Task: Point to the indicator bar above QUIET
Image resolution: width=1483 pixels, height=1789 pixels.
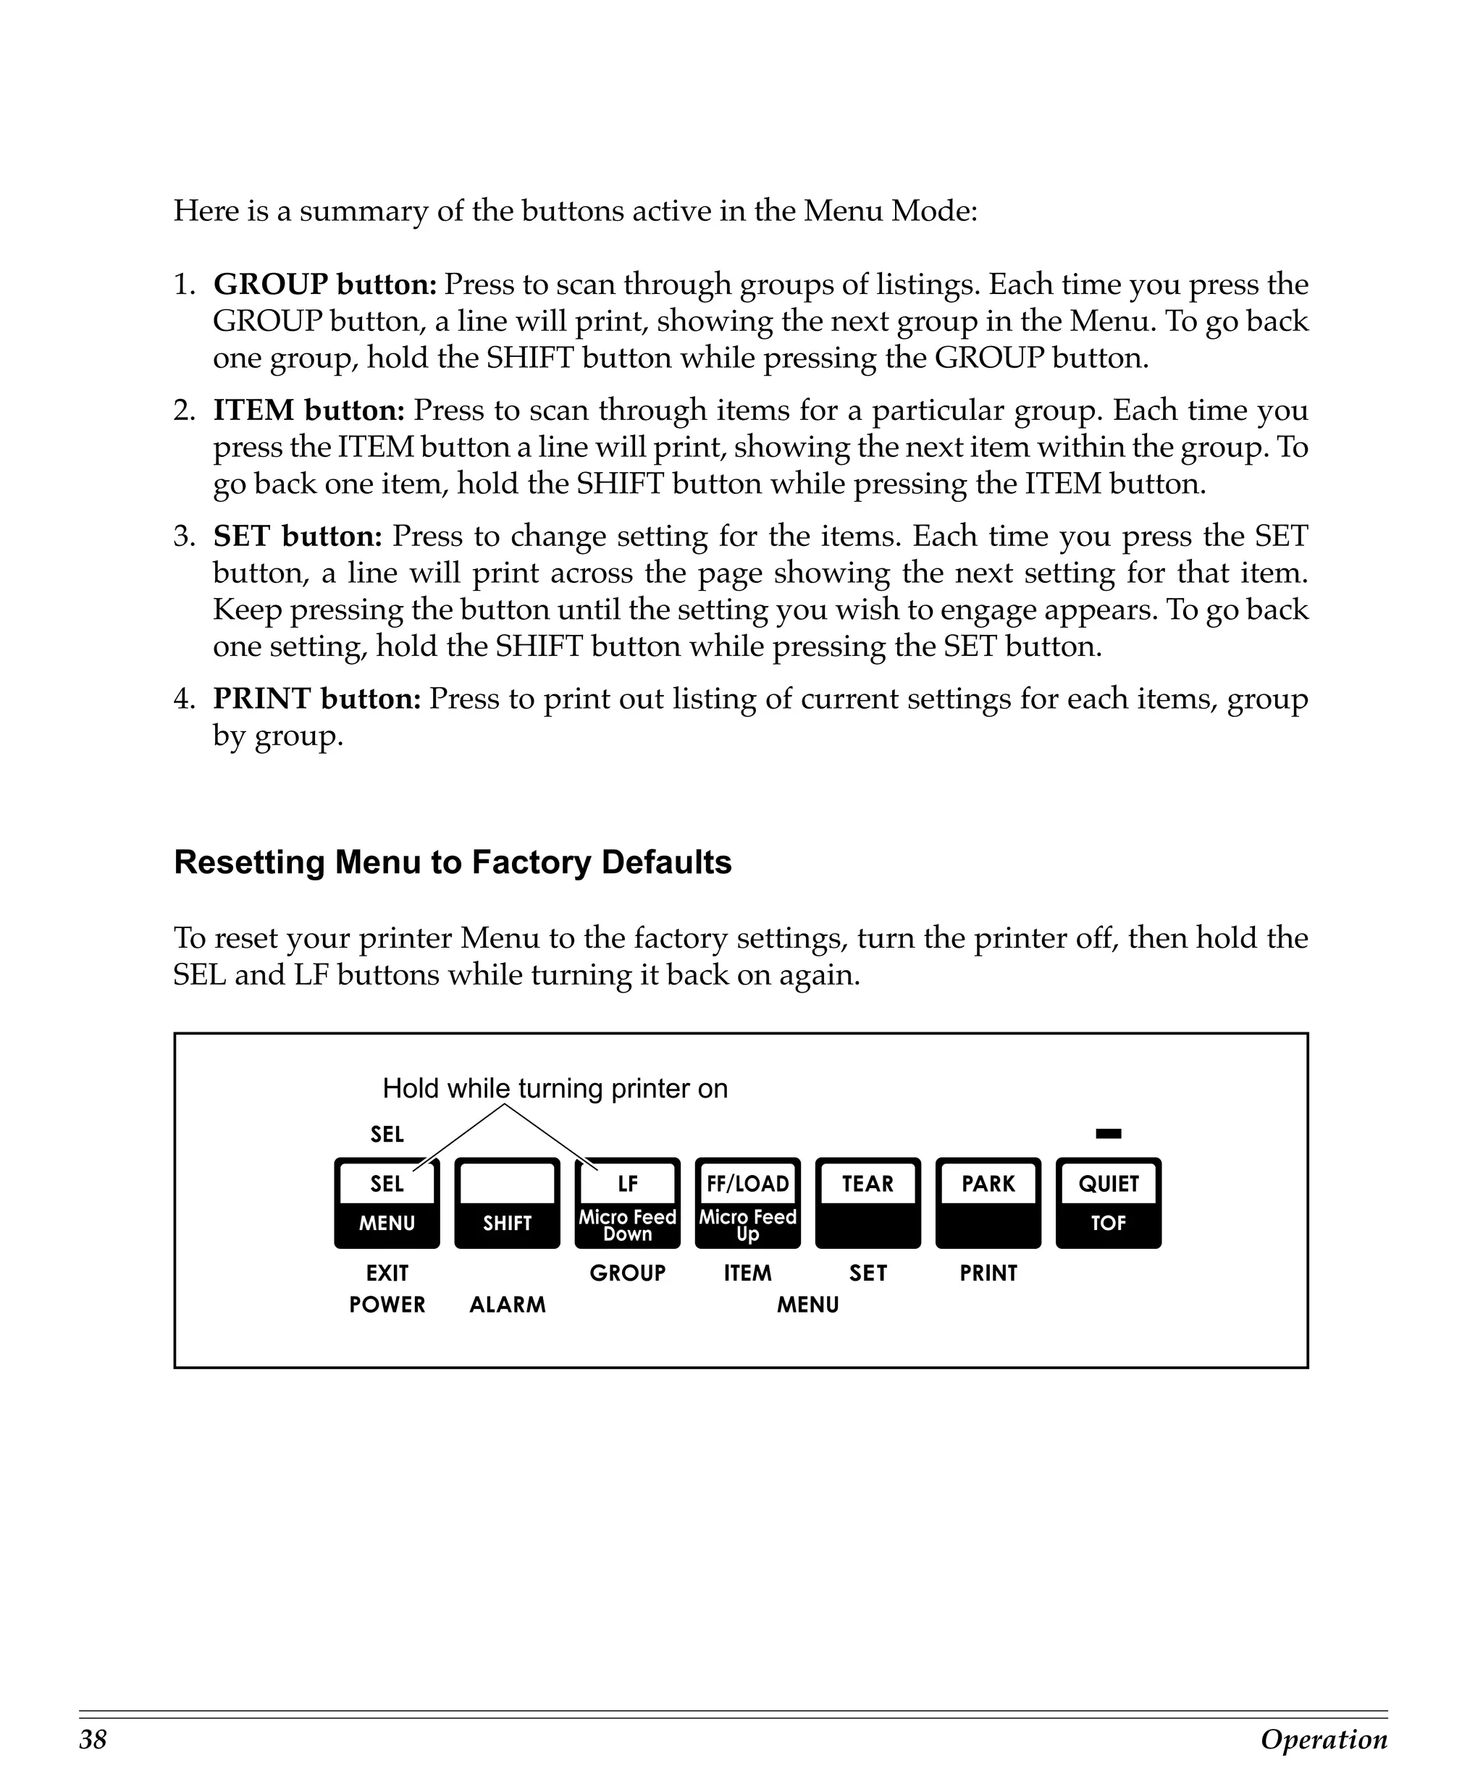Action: tap(1108, 1134)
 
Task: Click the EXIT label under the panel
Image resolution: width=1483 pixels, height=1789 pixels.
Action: tap(387, 1274)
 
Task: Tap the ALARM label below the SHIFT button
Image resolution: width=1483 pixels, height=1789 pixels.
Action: tap(507, 1305)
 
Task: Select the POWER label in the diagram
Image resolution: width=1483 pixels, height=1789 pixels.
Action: tap(387, 1305)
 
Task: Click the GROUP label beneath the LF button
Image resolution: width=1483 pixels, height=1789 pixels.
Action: tap(627, 1274)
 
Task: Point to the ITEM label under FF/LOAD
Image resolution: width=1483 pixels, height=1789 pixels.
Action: tap(747, 1274)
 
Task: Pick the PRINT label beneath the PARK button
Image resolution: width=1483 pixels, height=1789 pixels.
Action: tap(988, 1274)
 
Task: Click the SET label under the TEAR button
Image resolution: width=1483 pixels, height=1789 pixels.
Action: tap(867, 1274)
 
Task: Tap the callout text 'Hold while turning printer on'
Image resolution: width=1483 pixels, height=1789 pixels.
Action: tap(555, 1089)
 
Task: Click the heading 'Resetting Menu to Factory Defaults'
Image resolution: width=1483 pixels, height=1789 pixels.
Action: tap(453, 862)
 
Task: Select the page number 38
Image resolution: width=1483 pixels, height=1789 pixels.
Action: tap(93, 1740)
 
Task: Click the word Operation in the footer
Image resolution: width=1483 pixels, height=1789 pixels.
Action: tap(1324, 1740)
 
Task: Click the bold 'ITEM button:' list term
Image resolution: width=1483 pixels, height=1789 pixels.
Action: tap(308, 411)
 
